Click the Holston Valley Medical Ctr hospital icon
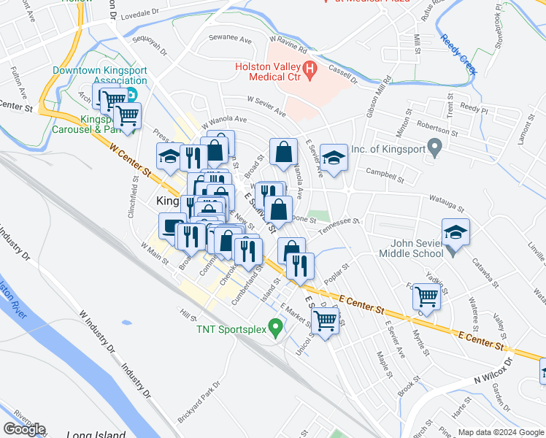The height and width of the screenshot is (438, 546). [311, 72]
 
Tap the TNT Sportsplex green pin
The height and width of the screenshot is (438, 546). [276, 328]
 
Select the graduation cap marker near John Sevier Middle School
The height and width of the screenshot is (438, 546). [455, 231]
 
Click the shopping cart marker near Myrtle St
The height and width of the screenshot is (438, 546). [426, 296]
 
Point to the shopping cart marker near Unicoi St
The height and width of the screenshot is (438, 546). [325, 318]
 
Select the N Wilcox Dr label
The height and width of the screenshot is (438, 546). [485, 371]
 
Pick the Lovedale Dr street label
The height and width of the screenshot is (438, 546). [139, 14]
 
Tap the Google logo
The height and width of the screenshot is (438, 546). [24, 429]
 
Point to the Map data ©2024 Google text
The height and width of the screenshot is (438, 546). [500, 432]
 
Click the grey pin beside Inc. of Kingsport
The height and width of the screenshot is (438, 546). [436, 149]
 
